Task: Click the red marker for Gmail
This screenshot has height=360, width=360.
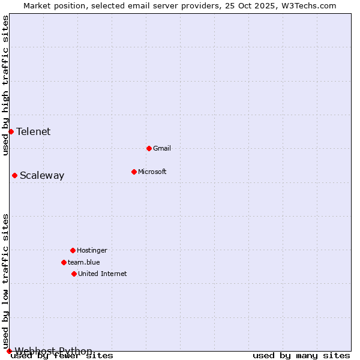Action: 149,148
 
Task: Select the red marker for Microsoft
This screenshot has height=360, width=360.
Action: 134,172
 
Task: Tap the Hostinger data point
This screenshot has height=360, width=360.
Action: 73,250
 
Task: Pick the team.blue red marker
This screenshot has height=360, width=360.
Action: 64,262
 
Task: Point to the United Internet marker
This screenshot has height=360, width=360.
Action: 74,274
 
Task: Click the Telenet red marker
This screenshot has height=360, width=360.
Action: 11,131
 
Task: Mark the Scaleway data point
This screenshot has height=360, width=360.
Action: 14,175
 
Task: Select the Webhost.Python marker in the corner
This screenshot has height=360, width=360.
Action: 9,351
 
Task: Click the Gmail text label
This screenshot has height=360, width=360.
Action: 162,148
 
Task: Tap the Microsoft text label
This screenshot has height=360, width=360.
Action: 152,172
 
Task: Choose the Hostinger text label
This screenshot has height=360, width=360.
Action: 92,250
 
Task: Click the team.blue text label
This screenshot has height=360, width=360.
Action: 84,262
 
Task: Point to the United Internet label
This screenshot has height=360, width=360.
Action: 103,274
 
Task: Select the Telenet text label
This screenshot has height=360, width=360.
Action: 34,131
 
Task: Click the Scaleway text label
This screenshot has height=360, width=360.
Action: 42,175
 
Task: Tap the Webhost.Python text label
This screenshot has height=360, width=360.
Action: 53,351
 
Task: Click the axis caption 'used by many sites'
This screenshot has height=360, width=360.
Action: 301,356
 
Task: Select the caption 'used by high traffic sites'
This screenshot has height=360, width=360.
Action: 5,85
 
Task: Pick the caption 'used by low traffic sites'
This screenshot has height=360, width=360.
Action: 5,281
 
